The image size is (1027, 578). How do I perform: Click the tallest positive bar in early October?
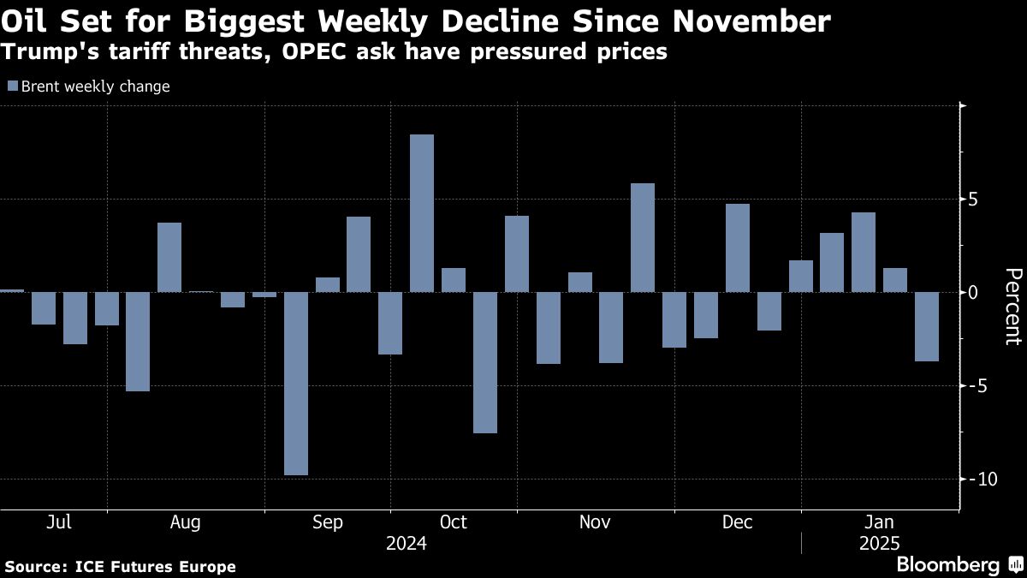pyautogui.click(x=422, y=213)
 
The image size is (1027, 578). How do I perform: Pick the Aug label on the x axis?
pyautogui.click(x=186, y=522)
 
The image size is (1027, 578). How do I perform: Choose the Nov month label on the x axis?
pyautogui.click(x=595, y=522)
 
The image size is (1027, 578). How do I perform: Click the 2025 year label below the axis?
pyautogui.click(x=881, y=543)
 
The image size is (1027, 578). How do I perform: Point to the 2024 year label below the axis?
pyautogui.click(x=407, y=543)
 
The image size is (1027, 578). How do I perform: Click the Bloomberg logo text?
pyautogui.click(x=947, y=565)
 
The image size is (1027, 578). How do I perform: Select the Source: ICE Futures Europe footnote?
pyautogui.click(x=121, y=566)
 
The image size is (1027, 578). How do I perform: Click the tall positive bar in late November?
pyautogui.click(x=643, y=237)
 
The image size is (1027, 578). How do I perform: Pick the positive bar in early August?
pyautogui.click(x=169, y=257)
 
